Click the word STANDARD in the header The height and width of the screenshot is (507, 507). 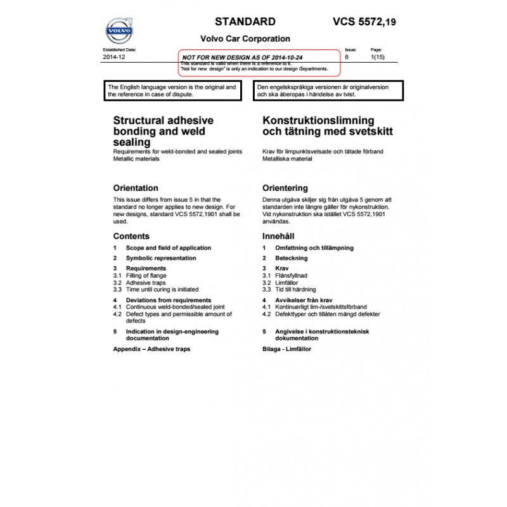245,22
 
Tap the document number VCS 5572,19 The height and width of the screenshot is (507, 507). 364,22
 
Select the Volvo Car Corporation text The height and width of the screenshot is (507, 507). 245,39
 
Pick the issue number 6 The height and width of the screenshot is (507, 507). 347,57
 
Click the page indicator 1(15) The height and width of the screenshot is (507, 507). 376,57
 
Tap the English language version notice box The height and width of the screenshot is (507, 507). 172,91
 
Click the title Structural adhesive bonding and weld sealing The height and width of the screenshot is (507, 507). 163,131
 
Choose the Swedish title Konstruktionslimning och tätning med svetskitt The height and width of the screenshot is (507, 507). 328,125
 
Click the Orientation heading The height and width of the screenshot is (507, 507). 136,188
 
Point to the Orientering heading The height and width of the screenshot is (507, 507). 285,188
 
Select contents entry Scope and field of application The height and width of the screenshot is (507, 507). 168,248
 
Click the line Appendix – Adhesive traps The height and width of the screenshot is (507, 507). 151,349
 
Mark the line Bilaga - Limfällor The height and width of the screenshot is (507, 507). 286,349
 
